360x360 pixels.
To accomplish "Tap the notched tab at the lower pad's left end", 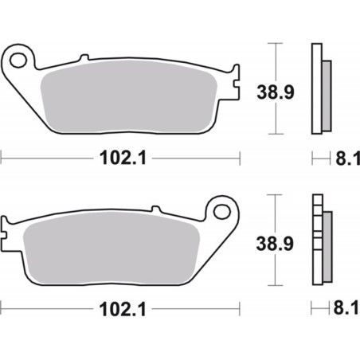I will [7, 234].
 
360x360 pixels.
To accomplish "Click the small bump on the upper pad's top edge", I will [82, 57].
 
